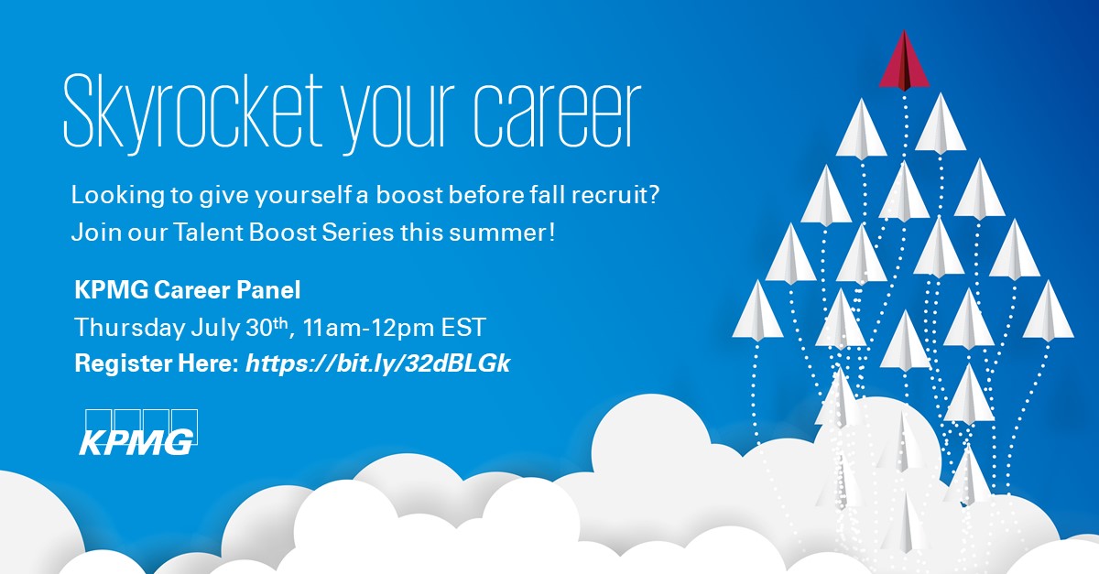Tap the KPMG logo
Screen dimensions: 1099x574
(x=138, y=432)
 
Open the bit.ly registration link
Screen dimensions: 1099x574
(x=377, y=363)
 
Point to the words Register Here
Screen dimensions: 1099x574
(x=156, y=363)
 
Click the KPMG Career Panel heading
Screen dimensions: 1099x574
(x=188, y=290)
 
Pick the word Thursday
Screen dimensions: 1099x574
(x=129, y=328)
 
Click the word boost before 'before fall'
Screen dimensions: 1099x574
(x=409, y=195)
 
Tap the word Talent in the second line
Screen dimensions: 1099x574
(x=209, y=232)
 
